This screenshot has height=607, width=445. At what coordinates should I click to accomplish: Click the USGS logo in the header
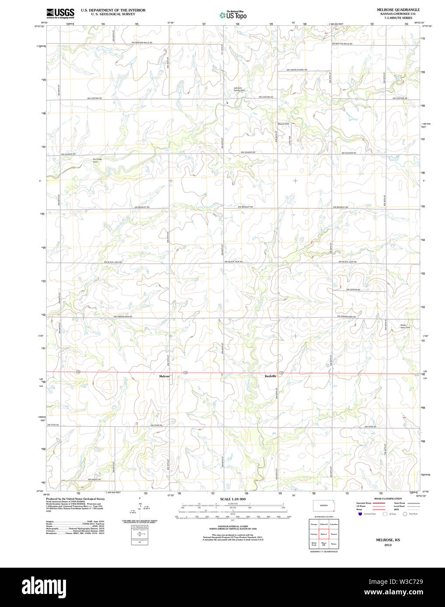[60, 13]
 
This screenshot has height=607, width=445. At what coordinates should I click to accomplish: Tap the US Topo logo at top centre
[233, 15]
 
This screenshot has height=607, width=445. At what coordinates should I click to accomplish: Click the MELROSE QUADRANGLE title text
[398, 10]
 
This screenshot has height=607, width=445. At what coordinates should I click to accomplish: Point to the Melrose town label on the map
[164, 376]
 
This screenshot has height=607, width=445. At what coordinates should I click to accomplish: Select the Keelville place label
[271, 376]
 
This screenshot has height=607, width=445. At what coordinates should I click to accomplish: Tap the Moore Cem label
[283, 124]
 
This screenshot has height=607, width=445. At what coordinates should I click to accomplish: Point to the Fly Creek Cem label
[97, 160]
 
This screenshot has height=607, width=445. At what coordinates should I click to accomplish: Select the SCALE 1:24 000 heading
[233, 499]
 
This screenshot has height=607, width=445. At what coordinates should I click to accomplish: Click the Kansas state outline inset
[323, 505]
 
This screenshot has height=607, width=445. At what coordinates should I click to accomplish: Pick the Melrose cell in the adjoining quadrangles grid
[324, 534]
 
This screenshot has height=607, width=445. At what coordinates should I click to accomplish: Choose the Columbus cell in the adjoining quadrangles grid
[334, 524]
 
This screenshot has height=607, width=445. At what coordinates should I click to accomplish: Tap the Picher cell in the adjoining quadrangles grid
[334, 544]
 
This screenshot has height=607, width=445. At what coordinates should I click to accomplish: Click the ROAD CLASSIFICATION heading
[388, 499]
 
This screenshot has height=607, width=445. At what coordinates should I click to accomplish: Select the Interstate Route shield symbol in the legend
[360, 514]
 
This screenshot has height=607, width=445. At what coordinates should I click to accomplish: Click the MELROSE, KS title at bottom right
[388, 540]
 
